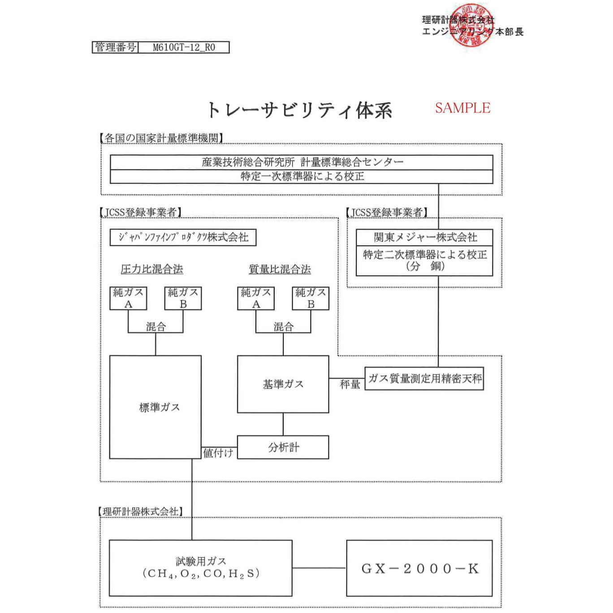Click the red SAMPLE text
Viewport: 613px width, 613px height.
462,108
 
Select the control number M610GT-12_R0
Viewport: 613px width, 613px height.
184,47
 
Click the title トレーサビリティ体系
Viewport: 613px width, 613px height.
299,110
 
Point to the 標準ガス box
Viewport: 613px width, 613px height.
155,407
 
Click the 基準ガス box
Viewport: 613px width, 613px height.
283,384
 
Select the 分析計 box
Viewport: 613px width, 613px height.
283,447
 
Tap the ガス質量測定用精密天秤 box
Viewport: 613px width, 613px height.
424,379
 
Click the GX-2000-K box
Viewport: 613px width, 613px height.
419,568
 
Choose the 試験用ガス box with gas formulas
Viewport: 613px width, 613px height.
200,568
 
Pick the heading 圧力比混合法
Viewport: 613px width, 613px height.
152,269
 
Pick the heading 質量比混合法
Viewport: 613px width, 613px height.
280,269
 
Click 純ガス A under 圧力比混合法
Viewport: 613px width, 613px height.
128,298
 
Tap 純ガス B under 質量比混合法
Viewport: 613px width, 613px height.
311,298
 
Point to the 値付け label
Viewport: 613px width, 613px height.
218,453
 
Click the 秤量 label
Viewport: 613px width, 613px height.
350,384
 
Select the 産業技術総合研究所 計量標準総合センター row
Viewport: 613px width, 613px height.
302,162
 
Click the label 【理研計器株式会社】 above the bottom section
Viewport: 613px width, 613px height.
141,511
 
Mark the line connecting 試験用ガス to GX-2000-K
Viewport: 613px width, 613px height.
319,568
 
